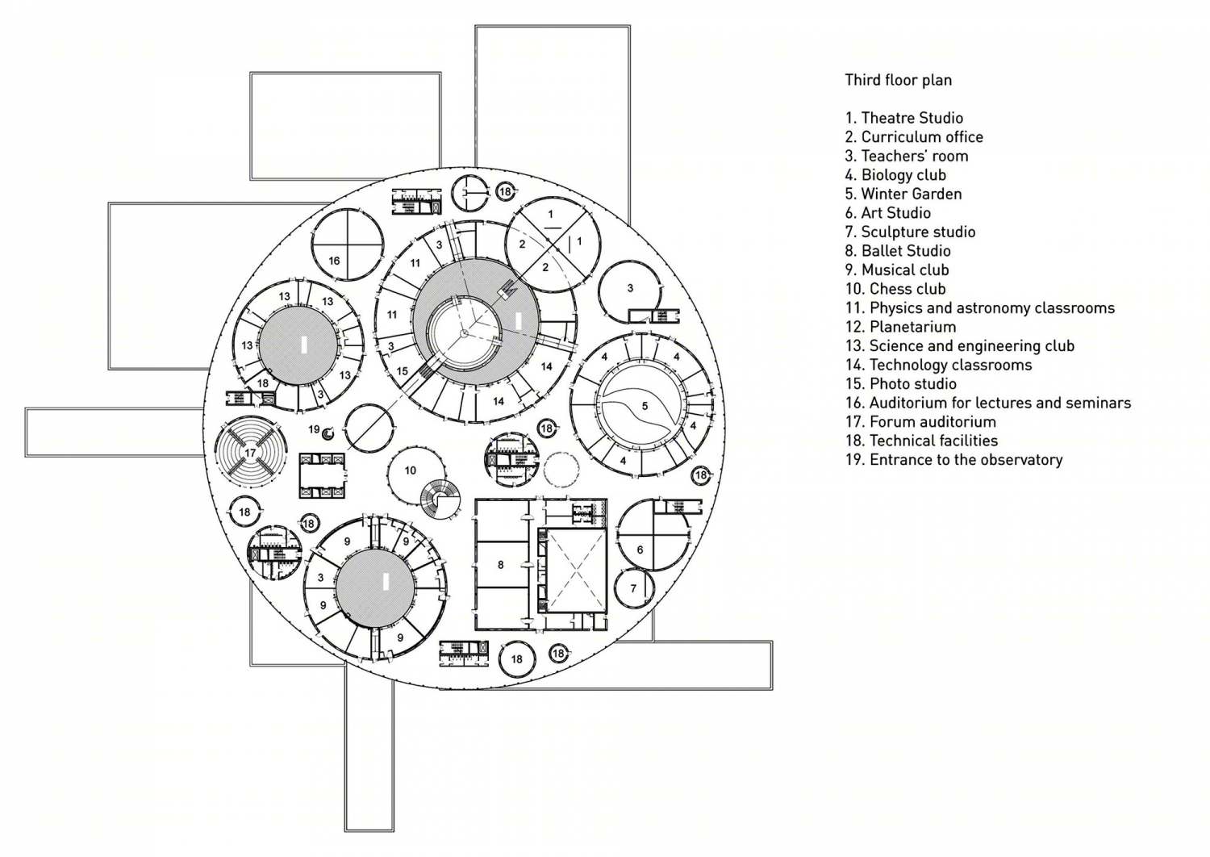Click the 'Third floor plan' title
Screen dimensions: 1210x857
tap(899, 81)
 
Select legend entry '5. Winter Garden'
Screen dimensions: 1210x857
tap(903, 194)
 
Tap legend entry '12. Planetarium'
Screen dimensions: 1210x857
tap(901, 327)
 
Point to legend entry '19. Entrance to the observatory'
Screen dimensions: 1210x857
tap(954, 460)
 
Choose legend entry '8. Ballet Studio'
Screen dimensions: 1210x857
tap(898, 251)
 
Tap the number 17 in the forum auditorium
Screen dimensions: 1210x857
tap(250, 453)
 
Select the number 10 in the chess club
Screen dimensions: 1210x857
tap(411, 470)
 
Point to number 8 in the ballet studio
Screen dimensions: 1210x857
tap(501, 565)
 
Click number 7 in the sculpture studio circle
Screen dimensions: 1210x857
tap(634, 588)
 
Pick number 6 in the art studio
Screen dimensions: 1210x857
tap(640, 550)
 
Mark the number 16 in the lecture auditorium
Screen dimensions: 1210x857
tap(335, 261)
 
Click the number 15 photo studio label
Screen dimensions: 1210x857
tap(402, 372)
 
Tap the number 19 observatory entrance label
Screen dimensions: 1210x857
tap(315, 429)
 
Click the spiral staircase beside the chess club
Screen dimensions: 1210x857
tap(440, 500)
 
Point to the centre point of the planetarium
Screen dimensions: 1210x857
tap(463, 333)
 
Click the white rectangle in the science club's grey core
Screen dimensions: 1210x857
tap(304, 345)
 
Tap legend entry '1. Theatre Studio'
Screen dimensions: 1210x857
tap(904, 119)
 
